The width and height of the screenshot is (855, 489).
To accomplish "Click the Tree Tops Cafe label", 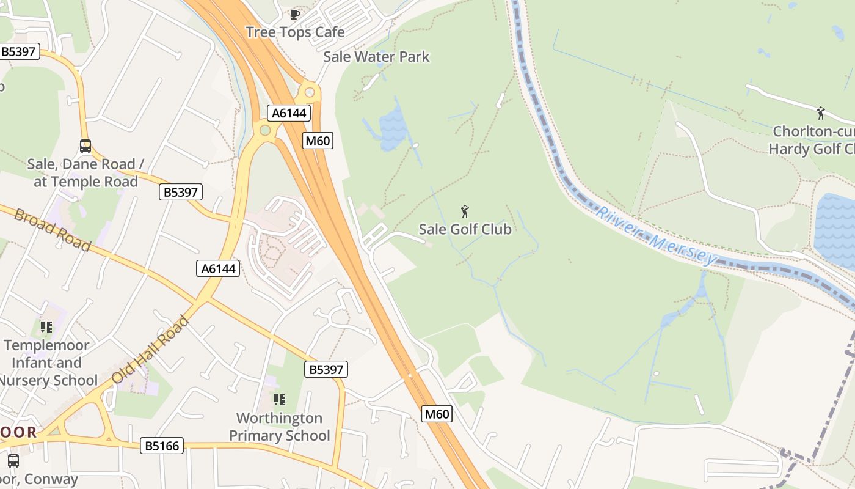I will (x=295, y=32).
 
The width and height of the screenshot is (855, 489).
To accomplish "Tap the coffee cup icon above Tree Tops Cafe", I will (x=295, y=14).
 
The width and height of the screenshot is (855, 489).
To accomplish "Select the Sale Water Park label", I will (x=376, y=57).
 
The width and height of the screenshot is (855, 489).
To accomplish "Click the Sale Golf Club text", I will (x=465, y=229).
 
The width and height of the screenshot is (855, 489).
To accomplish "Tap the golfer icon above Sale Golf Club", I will (x=465, y=212).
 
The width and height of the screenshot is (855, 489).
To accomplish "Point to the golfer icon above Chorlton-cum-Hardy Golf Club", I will (x=821, y=113).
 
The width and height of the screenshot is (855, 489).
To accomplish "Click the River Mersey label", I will (x=656, y=235).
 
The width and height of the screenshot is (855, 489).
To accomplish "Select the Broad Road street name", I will (x=53, y=230).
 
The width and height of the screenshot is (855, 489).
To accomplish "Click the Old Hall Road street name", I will (x=150, y=350).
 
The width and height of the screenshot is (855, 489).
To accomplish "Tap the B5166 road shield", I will (x=162, y=446).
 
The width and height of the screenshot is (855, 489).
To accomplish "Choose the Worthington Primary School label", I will (x=279, y=427).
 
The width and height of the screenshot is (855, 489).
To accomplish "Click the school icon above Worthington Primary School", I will (x=280, y=400).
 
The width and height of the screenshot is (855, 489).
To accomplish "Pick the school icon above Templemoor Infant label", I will (x=46, y=327).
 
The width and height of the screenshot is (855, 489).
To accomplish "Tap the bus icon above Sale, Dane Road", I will (x=85, y=146).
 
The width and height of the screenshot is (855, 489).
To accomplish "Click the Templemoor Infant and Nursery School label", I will (x=47, y=362).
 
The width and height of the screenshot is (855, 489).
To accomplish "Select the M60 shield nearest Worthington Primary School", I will (x=437, y=414).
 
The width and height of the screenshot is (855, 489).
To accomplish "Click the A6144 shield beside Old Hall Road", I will (x=218, y=268).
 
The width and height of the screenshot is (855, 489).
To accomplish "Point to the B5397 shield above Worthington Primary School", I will (x=326, y=369).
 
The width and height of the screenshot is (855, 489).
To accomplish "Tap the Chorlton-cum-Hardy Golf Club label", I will (x=812, y=140).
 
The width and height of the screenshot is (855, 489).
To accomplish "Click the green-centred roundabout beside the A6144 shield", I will (x=265, y=130).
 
